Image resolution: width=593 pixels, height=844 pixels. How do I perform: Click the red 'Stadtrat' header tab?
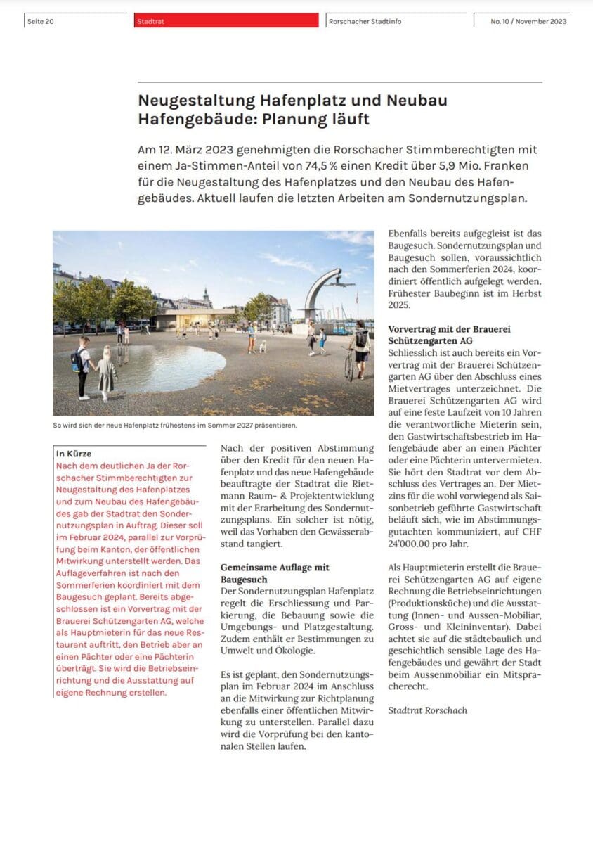227,21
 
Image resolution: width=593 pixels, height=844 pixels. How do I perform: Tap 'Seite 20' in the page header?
40,21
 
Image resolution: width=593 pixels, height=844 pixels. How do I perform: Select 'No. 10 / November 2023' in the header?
528,21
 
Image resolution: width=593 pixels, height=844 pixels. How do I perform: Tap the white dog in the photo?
263,346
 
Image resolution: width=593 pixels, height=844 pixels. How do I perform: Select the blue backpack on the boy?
77,359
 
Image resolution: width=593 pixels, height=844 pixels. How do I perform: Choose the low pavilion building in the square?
191,320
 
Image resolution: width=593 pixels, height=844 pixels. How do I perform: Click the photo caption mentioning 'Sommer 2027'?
175,426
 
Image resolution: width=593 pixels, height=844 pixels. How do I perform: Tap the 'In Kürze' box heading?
74,454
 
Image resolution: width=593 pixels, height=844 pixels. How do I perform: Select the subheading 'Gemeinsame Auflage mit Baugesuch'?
275,573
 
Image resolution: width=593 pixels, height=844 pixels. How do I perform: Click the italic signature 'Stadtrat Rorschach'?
427,710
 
